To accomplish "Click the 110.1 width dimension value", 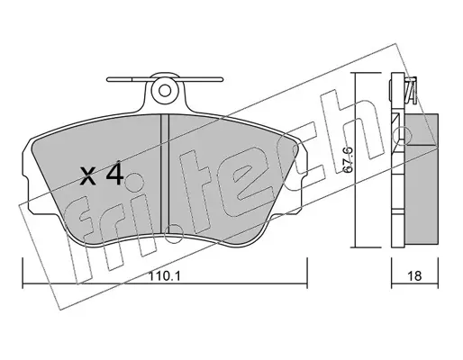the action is [165, 276].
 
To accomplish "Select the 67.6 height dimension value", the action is [348, 160].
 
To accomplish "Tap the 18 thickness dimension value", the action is [414, 276].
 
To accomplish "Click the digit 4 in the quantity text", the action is [115, 174].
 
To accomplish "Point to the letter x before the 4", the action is [88, 176].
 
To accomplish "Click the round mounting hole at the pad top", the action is [164, 90].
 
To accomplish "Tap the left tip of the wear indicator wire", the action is [107, 79].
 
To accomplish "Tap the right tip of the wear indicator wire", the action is [222, 79].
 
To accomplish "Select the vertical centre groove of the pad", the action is [165, 175].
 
